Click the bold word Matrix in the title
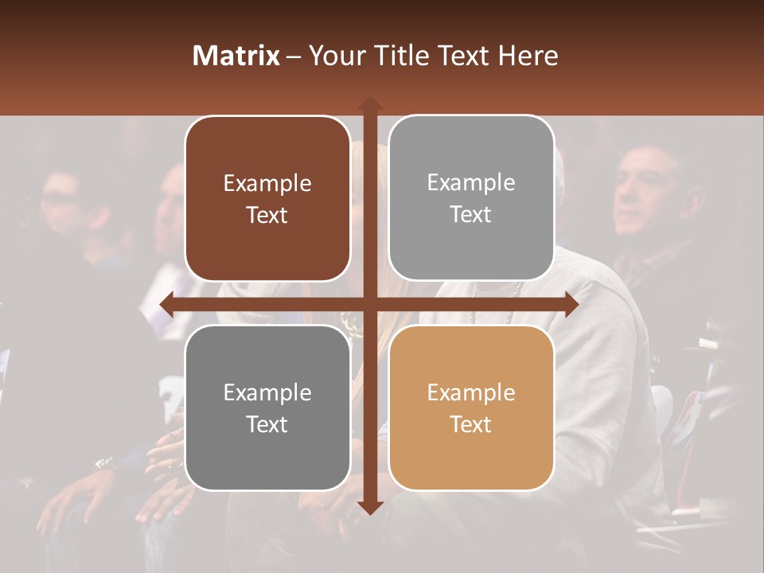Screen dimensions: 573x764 point(236,56)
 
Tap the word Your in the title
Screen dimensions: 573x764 point(334,56)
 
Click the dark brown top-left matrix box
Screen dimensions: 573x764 point(267,199)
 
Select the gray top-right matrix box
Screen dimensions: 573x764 point(471,198)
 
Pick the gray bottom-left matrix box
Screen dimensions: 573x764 point(267,407)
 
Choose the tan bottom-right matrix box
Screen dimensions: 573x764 point(471,407)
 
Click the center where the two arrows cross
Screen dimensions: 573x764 point(369,304)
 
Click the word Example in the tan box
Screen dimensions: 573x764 point(471,392)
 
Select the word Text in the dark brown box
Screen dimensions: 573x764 point(267,216)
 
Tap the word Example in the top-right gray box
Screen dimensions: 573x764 point(471,183)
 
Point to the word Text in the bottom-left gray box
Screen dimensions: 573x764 point(267,424)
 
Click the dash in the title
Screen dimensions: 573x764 point(294,57)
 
